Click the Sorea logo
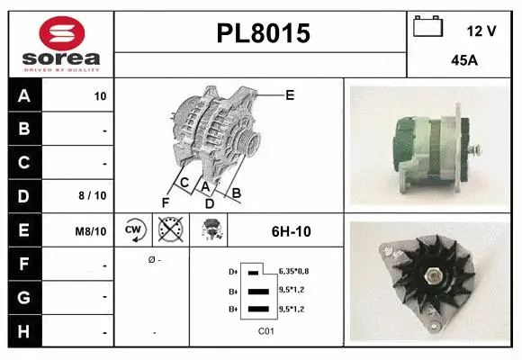60,42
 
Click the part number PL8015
264,34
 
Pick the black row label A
24,95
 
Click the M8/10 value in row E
92,231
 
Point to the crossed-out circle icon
169,230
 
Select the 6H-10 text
291,231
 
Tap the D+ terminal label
234,270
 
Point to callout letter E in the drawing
290,94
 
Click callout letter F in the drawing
165,202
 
